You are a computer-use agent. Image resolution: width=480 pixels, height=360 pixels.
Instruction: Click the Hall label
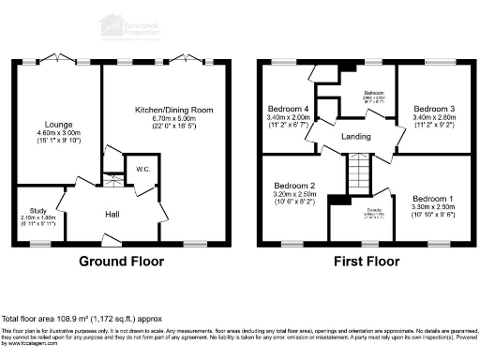(112, 215)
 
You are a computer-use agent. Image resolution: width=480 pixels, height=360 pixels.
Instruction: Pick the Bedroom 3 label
(433, 110)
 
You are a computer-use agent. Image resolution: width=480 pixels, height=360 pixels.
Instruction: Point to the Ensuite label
(353, 211)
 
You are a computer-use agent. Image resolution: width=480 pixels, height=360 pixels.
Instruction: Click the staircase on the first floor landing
(360, 173)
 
